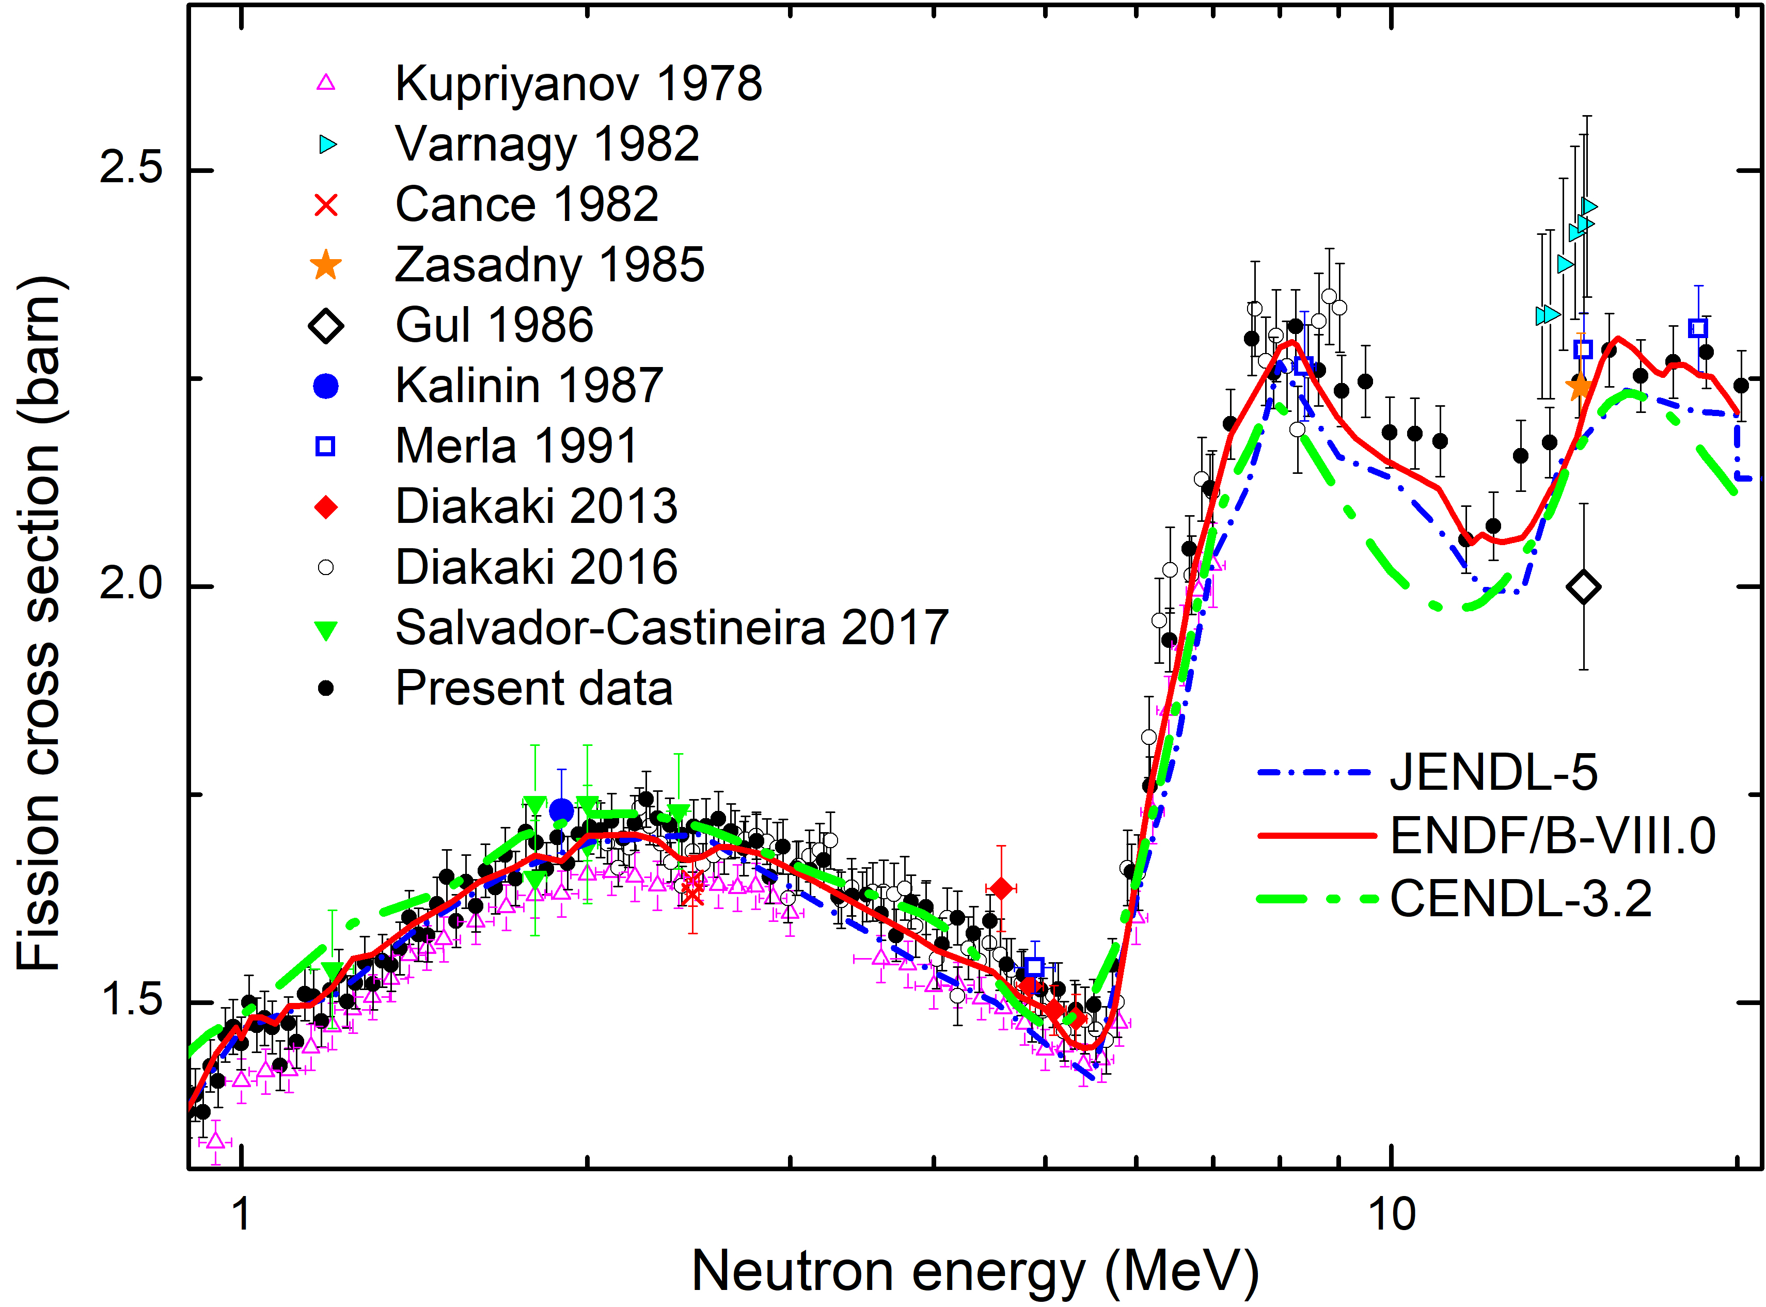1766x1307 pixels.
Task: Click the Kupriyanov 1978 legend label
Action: (578, 83)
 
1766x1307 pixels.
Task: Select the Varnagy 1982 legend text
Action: (547, 144)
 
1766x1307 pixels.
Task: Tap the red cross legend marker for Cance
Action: (326, 205)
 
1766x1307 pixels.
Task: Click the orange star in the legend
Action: (326, 265)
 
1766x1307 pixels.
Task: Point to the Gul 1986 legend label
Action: (494, 325)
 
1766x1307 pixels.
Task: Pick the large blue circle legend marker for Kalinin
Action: (326, 386)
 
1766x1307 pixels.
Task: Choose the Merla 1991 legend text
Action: (516, 446)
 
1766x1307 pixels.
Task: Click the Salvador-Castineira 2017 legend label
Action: (671, 628)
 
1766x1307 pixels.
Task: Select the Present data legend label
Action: (533, 688)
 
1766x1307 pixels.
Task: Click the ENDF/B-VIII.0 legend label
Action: (1552, 836)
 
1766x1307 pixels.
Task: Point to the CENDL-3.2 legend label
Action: (1521, 899)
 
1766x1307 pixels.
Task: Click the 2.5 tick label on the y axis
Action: (131, 168)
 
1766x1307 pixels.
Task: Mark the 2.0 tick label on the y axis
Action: (131, 586)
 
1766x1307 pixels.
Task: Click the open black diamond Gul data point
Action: (1583, 587)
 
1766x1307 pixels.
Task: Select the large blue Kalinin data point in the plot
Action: (561, 811)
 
